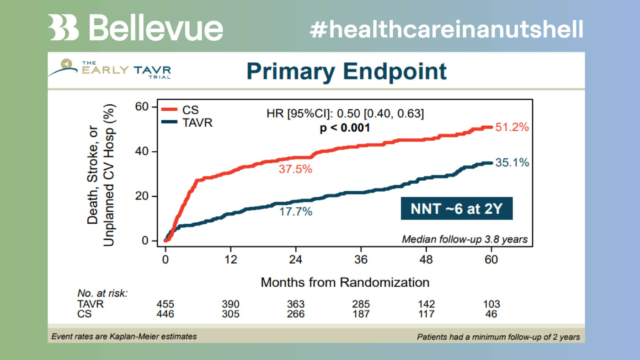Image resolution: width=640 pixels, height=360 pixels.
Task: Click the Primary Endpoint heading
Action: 346,71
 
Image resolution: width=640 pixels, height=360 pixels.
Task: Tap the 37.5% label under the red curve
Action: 295,169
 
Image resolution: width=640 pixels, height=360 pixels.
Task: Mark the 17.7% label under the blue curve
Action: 295,212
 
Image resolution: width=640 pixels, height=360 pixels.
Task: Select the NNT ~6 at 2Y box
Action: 456,209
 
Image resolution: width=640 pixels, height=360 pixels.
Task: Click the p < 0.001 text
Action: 345,128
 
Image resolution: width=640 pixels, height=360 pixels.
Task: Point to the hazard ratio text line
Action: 345,114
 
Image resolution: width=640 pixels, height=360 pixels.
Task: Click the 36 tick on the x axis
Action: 361,259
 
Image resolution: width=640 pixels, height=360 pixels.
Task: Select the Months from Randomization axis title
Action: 345,282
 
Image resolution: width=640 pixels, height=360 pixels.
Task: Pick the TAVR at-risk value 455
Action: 165,304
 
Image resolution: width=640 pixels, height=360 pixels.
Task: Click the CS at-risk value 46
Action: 491,314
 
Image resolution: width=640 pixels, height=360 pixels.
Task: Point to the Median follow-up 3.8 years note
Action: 464,239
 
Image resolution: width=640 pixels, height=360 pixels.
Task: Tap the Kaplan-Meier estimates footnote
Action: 124,337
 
